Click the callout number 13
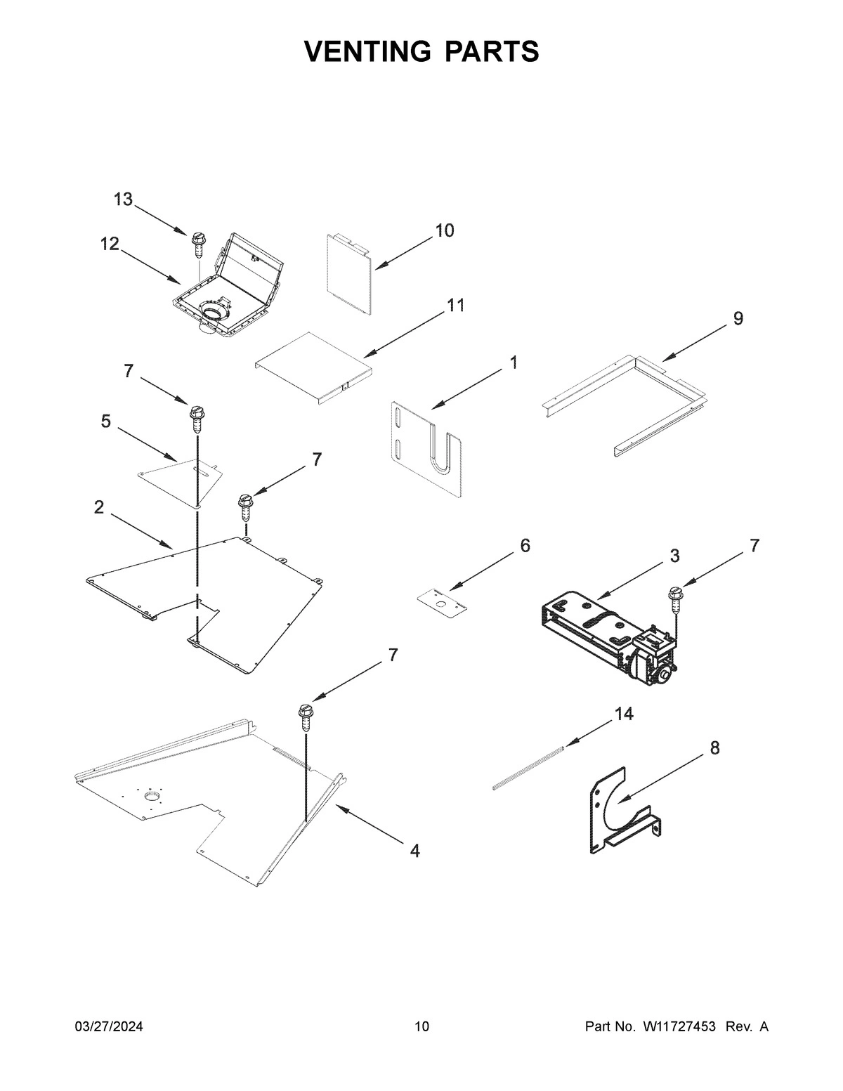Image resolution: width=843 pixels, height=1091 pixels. pos(123,200)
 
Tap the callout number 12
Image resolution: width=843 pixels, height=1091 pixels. pos(110,244)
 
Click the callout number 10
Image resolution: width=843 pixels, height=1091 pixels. pos(444,230)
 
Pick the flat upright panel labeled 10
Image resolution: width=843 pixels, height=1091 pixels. pos(348,271)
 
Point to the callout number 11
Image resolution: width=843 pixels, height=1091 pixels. pos(455,306)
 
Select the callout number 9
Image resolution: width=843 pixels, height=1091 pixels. pos(738,318)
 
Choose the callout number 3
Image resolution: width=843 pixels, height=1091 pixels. pos(674,556)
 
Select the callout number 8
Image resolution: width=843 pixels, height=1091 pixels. pos(714,748)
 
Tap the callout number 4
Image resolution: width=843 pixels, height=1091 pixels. pos(414,851)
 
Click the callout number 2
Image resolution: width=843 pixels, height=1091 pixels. pos(99,507)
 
